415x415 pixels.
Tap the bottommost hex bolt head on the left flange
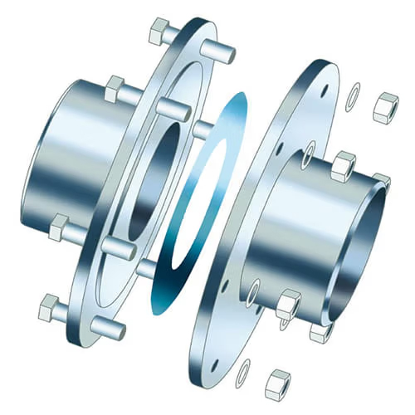(51, 309)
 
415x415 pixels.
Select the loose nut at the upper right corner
(385, 109)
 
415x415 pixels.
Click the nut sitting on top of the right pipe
(343, 166)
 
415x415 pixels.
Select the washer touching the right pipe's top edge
(308, 150)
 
